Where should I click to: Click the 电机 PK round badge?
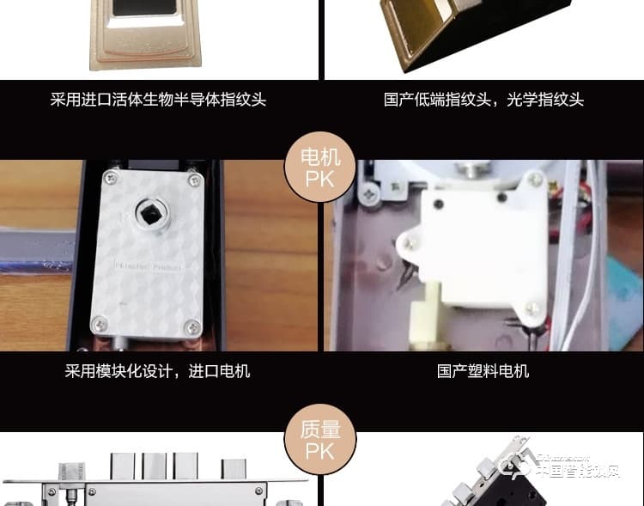319,168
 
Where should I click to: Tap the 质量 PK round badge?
319,438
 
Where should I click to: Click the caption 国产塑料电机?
483,371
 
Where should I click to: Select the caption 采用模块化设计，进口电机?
157,371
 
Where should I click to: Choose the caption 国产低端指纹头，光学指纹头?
483,100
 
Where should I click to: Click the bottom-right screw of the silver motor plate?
192,327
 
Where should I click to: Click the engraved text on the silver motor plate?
149,267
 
